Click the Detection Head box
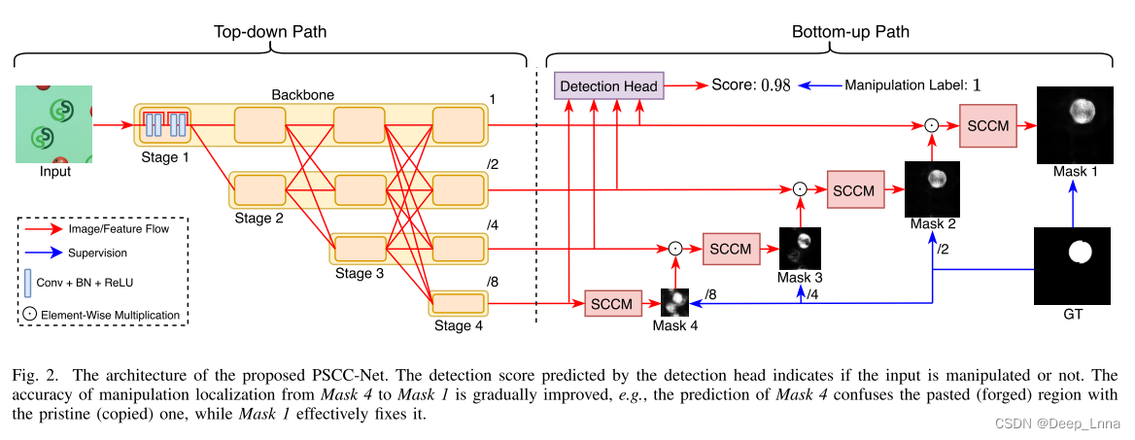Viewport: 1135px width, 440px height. (x=608, y=85)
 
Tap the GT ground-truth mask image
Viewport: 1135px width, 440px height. (x=1074, y=266)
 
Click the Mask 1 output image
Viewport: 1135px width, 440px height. (x=1074, y=124)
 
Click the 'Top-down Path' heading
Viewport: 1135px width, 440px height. (x=270, y=32)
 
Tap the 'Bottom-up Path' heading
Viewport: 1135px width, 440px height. (x=850, y=32)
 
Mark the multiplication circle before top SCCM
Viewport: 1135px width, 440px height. (x=930, y=124)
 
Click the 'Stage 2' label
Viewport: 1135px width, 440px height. (x=258, y=219)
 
